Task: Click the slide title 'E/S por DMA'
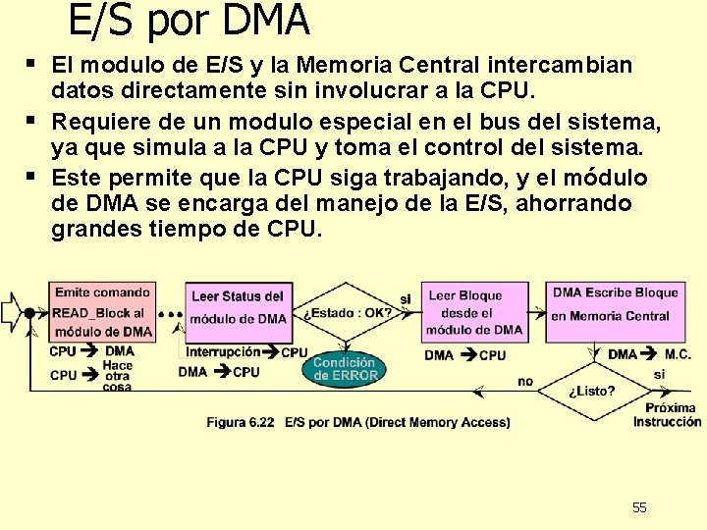tap(189, 20)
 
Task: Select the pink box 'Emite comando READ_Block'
tap(102, 311)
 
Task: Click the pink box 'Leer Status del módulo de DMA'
tap(238, 307)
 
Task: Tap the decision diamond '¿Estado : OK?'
tap(348, 314)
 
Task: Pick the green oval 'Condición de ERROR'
tap(345, 368)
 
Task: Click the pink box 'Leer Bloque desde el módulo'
tap(474, 312)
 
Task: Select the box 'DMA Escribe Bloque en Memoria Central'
tap(616, 304)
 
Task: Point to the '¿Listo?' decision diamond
tap(591, 391)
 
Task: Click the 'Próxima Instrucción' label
tap(668, 414)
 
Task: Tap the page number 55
tap(639, 507)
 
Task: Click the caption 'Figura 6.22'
tap(241, 422)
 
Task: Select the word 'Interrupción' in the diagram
tap(223, 352)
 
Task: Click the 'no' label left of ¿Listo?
tap(525, 381)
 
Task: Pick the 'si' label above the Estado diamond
tap(406, 298)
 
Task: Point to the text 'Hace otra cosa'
tap(118, 375)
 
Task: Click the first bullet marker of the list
tap(32, 64)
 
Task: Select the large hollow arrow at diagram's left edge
tap(13, 312)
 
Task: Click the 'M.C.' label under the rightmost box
tap(678, 354)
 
